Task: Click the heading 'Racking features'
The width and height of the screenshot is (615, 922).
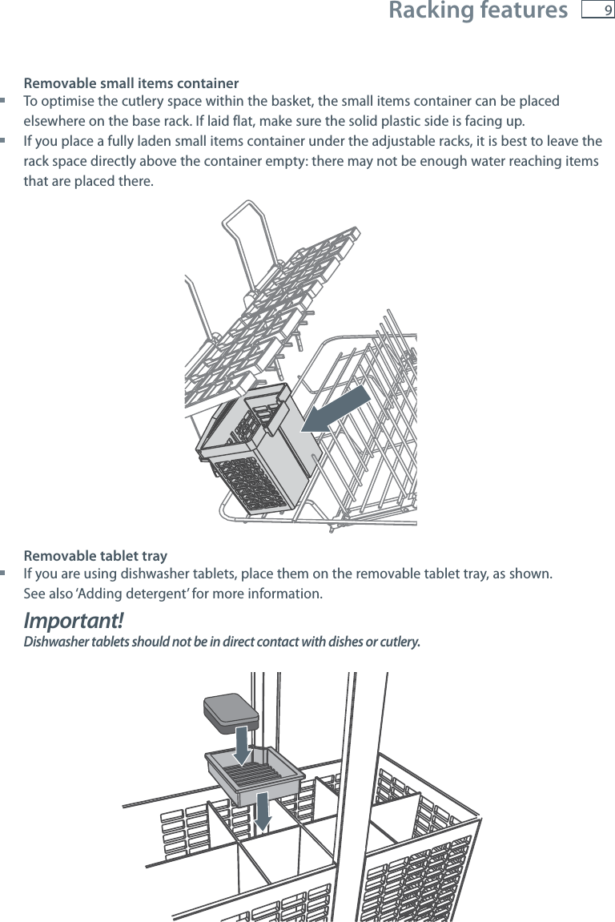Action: pyautogui.click(x=477, y=11)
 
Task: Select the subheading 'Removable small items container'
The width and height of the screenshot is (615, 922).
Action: pyautogui.click(x=131, y=83)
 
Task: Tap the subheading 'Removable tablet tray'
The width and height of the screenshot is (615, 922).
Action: pyautogui.click(x=95, y=556)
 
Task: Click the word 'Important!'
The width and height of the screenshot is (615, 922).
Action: pyautogui.click(x=74, y=621)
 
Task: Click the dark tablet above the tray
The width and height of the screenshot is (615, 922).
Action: pyautogui.click(x=231, y=708)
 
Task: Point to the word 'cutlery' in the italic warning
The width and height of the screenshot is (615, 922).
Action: pyautogui.click(x=397, y=642)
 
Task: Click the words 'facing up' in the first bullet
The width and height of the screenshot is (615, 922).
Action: pyautogui.click(x=499, y=122)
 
